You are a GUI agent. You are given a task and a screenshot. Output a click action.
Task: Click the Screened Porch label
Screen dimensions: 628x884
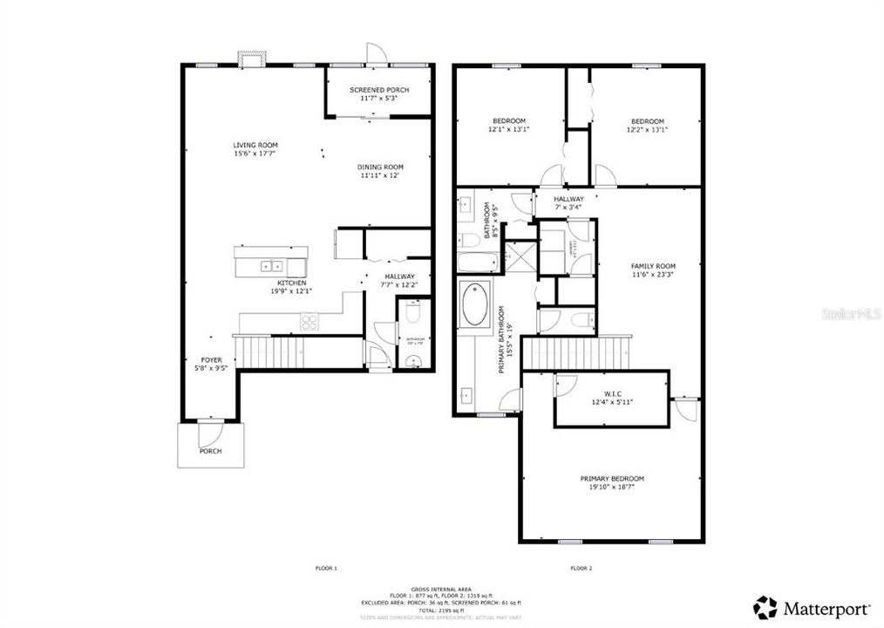(378, 90)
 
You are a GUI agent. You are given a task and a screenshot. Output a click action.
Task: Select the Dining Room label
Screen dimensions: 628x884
(381, 167)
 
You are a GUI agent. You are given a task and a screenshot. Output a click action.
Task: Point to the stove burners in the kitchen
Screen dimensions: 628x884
(309, 322)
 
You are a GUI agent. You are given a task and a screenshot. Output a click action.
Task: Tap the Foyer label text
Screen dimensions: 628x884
(212, 359)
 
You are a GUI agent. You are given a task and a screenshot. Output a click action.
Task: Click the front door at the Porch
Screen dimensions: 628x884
(210, 423)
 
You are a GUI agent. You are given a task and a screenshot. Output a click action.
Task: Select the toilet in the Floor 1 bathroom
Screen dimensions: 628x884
(414, 311)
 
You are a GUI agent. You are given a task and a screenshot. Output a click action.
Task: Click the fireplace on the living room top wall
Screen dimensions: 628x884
(251, 59)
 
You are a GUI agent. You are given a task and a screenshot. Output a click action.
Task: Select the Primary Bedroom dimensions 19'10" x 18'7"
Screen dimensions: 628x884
(612, 488)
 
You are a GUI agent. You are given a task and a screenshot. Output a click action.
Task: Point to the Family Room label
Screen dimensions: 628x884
(653, 266)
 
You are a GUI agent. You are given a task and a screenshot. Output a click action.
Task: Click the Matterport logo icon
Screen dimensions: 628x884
(765, 607)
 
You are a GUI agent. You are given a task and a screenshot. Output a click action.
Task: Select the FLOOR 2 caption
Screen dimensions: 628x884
(581, 568)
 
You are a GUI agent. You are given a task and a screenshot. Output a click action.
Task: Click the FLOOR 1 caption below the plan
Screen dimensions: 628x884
(326, 568)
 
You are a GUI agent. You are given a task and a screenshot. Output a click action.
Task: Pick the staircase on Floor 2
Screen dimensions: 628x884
(575, 353)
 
